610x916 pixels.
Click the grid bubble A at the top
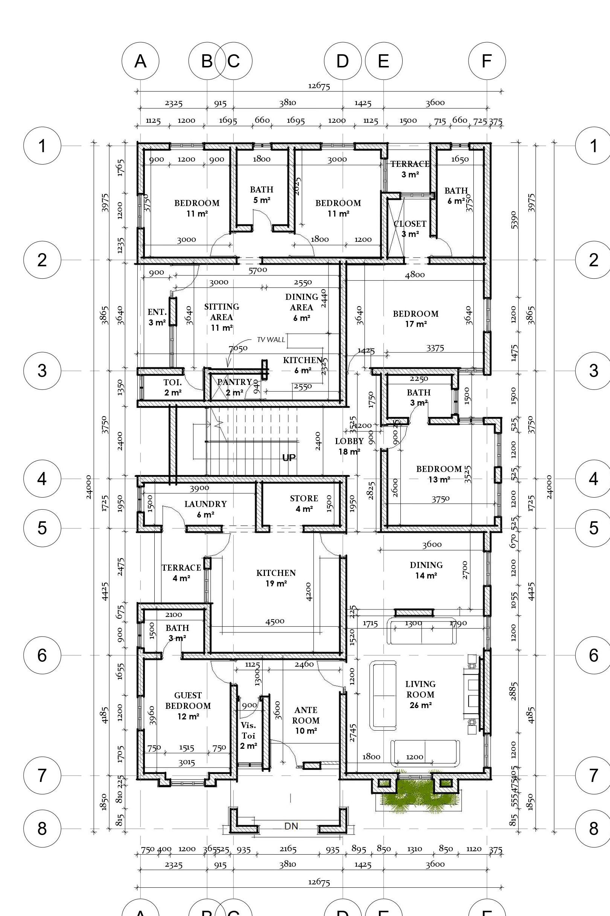pos(140,61)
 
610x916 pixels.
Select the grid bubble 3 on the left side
pos(42,370)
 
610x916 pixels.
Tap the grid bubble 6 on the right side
pos(593,655)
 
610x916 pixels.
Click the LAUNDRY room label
pos(205,504)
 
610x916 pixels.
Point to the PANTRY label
pos(234,382)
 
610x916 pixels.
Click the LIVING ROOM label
pos(421,689)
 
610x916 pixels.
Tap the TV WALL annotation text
pos(271,339)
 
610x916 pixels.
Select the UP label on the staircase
pos(289,458)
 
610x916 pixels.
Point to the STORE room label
pos(304,498)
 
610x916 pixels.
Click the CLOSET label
pos(410,224)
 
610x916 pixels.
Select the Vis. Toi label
pos(248,731)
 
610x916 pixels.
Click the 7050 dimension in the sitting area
pos(238,348)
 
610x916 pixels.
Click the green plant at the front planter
pos(419,797)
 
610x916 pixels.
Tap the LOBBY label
pos(349,441)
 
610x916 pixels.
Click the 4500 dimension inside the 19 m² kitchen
pos(275,621)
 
